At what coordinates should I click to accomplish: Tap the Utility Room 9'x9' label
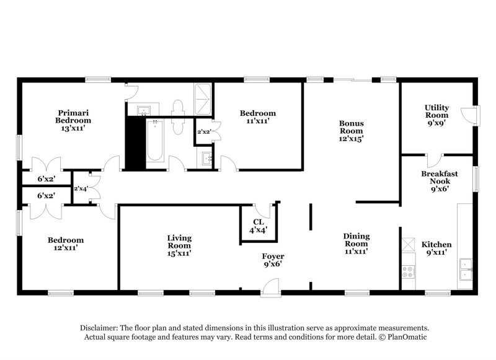[x=436, y=116]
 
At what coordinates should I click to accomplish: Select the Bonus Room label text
[x=351, y=131]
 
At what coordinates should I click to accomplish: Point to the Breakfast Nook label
[x=439, y=182]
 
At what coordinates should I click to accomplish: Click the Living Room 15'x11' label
[x=179, y=245]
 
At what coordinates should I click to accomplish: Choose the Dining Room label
[x=356, y=244]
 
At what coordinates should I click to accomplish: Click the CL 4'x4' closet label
[x=259, y=226]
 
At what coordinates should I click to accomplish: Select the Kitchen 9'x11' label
[x=436, y=248]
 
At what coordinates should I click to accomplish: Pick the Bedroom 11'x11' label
[x=258, y=118]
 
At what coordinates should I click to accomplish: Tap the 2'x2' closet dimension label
[x=203, y=131]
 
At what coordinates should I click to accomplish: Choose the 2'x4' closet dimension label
[x=81, y=188]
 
